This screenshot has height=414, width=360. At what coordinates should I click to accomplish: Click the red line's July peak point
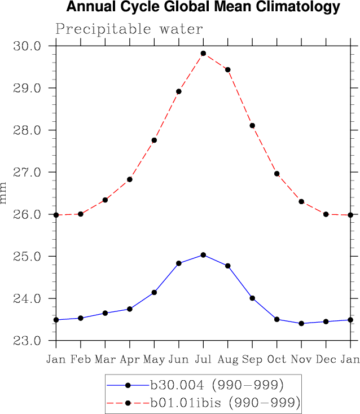(x=203, y=54)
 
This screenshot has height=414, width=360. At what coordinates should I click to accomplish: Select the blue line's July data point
(x=203, y=255)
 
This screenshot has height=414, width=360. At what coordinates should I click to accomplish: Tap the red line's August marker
(x=228, y=70)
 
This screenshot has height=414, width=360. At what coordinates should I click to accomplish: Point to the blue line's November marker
(x=301, y=323)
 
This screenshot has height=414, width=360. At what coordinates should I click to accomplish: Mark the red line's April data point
(x=130, y=179)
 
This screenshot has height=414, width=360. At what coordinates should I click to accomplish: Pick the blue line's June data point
(x=179, y=263)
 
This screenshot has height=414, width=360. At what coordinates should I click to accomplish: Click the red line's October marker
(x=277, y=174)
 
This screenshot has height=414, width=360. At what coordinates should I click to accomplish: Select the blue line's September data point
(x=252, y=298)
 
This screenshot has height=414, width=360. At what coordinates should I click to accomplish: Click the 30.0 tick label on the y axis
(x=27, y=46)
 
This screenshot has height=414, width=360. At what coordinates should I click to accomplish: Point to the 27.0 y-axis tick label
(x=27, y=173)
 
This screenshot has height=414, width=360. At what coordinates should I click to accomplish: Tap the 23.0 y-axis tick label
(x=27, y=341)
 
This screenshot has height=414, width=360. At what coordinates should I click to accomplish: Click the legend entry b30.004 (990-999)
(x=216, y=385)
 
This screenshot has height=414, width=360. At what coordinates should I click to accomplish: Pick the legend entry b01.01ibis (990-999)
(x=225, y=403)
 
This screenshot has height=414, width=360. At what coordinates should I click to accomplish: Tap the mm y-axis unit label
(x=5, y=193)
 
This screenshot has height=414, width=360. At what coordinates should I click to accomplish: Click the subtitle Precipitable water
(x=129, y=29)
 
